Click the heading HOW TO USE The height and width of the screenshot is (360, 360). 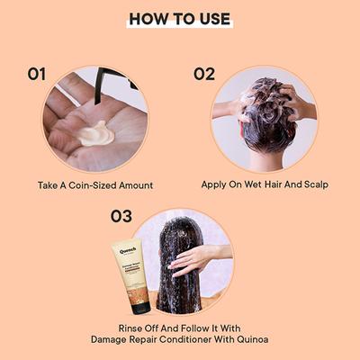click(180, 19)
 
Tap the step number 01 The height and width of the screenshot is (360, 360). click(36, 74)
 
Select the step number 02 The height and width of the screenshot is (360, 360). click(204, 74)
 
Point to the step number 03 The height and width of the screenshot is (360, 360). click(122, 216)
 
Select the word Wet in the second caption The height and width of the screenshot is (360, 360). click(247, 185)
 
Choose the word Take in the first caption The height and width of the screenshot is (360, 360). click(49, 185)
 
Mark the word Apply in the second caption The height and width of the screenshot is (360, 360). click(216, 185)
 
